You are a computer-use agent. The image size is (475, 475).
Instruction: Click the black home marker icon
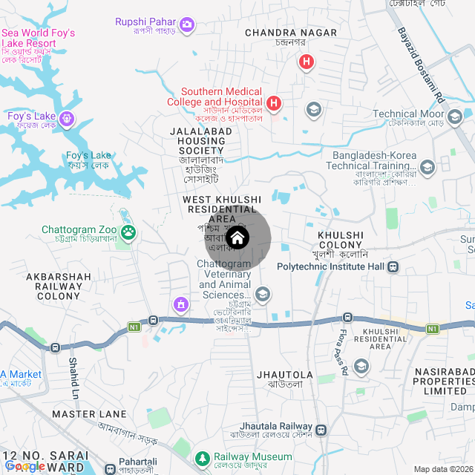[237, 238]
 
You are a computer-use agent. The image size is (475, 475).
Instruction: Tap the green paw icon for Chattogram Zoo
[129, 232]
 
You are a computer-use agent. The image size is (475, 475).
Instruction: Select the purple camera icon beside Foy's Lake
[67, 118]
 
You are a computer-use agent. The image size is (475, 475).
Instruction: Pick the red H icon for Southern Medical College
[274, 102]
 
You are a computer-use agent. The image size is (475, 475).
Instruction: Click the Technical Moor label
[408, 114]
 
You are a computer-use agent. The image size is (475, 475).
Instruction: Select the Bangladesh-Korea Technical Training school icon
[427, 167]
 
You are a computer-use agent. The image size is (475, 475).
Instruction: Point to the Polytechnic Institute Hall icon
[393, 266]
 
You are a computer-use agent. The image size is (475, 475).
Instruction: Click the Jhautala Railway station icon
[321, 430]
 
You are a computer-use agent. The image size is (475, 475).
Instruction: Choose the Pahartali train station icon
[110, 468]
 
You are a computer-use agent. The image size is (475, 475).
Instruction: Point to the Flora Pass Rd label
[344, 353]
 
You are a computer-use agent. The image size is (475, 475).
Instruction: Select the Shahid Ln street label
[73, 377]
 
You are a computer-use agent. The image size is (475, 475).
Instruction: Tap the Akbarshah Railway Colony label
[59, 286]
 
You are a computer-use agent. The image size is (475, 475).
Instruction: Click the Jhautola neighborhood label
[284, 375]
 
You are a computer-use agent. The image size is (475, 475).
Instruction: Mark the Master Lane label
[89, 413]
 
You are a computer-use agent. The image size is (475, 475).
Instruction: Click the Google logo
[25, 466]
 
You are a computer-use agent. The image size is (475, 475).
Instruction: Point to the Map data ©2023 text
[443, 469]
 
